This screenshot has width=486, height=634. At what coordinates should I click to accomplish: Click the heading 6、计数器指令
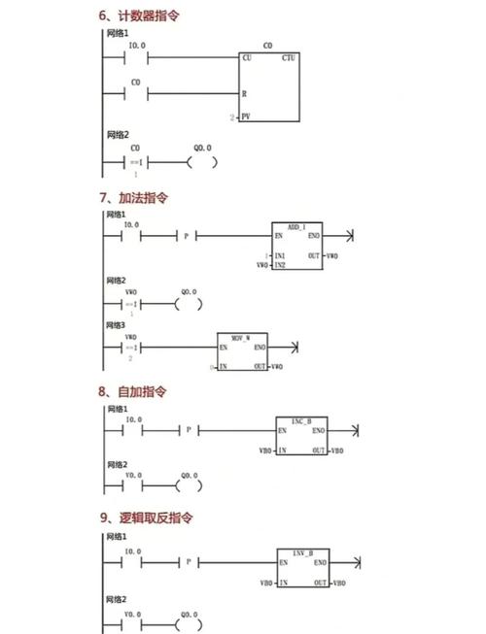pos(139,17)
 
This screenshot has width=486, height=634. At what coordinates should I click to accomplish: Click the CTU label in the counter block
pos(289,58)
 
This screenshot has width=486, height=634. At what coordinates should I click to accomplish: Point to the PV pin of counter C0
pos(246,117)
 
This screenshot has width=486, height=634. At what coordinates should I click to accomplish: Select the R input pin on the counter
pos(245,94)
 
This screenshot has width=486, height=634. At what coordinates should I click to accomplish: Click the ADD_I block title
pos(296,225)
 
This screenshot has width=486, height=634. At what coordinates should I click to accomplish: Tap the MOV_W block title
pos(242,336)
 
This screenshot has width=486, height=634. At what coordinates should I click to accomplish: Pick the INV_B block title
pos(301,551)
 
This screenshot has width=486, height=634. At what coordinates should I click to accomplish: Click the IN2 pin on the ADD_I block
pos(280,265)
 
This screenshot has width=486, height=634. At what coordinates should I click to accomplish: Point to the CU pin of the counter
pos(246,58)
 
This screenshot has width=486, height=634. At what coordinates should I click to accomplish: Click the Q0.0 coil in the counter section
pos(201,162)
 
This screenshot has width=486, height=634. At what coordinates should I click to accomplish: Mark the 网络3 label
pos(117,325)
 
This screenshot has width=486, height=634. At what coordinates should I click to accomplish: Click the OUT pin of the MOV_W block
pos(260,366)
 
